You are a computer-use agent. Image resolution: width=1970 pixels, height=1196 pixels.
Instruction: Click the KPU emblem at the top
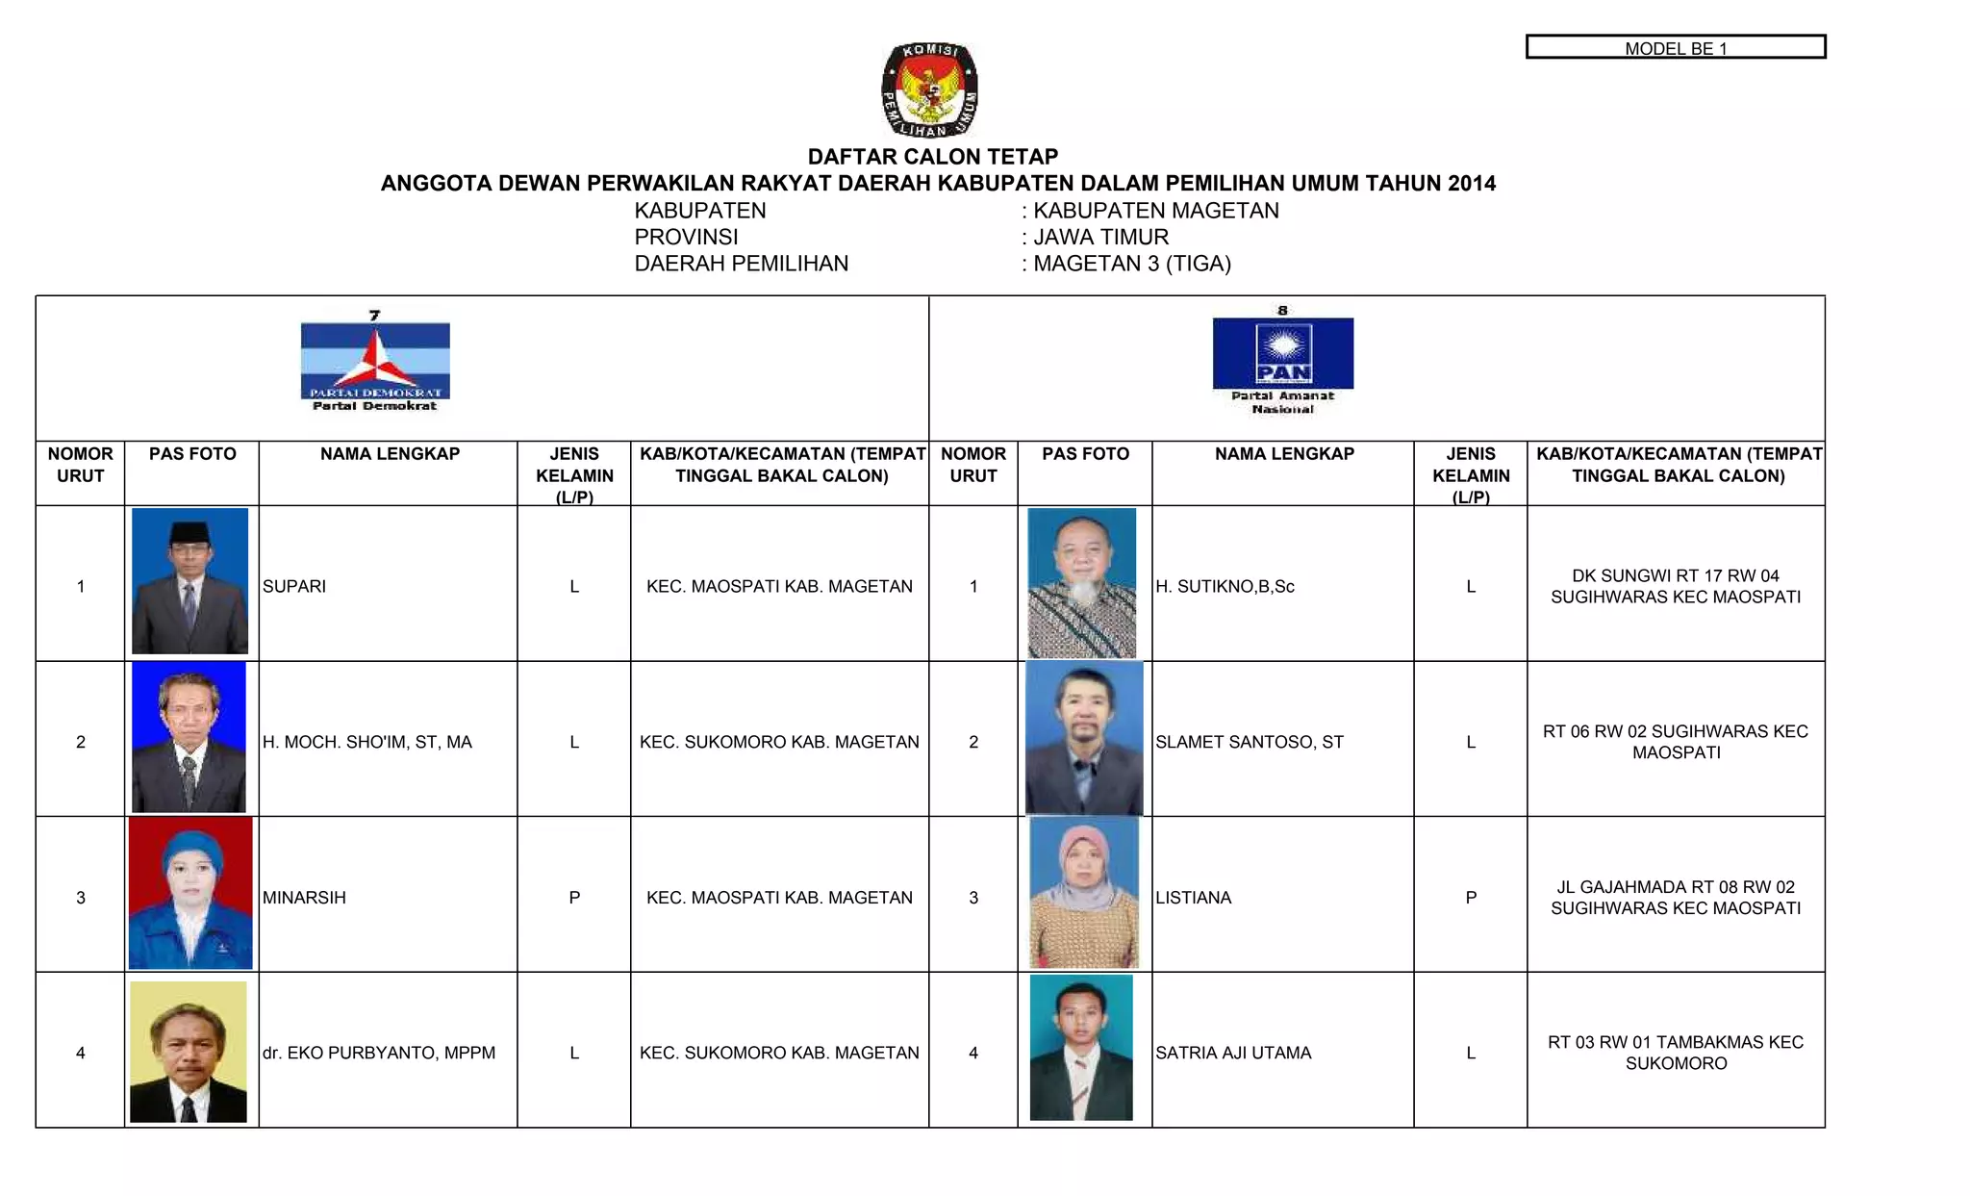(930, 90)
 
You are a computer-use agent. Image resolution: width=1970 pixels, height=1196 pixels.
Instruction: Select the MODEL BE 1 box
(1675, 47)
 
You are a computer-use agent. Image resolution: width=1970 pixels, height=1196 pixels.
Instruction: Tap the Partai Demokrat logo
(375, 361)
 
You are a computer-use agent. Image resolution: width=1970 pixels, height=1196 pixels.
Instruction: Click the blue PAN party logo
(1282, 353)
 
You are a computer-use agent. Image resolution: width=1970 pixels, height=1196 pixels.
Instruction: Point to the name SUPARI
(294, 586)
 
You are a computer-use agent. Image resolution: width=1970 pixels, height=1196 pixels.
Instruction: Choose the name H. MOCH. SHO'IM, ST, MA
(367, 742)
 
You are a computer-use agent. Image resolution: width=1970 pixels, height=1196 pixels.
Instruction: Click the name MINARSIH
(304, 898)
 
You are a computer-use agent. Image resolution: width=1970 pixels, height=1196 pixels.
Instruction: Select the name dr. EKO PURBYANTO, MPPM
(379, 1053)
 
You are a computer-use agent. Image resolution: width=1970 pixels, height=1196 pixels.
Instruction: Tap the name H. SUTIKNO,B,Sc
(1225, 586)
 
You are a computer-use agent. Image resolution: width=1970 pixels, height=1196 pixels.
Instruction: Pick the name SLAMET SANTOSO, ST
(1250, 742)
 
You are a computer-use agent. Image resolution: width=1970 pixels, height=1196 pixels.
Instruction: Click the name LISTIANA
(1193, 898)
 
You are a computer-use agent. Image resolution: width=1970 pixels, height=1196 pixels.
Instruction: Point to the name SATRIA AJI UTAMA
(1233, 1053)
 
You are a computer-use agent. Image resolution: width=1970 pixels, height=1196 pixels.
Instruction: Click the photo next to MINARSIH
(190, 893)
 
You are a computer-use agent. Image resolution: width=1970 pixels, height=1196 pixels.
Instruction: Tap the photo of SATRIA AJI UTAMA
(1081, 1048)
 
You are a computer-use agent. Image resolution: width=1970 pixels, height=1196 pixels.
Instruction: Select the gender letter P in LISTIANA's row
(1471, 898)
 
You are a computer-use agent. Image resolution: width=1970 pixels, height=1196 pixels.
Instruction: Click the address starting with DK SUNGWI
(1676, 586)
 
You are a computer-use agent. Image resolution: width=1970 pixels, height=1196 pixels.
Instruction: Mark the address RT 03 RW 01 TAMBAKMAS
(1676, 1053)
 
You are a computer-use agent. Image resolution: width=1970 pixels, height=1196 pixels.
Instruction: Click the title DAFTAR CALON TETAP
(932, 157)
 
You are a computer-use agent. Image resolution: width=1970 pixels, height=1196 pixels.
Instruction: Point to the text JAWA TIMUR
(1100, 237)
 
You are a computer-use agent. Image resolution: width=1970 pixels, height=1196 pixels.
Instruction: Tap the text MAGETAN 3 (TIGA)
(1131, 264)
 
